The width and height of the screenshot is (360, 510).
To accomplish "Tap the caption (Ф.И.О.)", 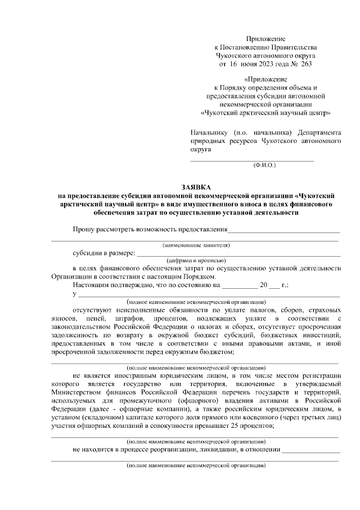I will click(264, 165).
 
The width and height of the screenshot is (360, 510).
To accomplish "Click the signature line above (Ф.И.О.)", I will click(251, 160).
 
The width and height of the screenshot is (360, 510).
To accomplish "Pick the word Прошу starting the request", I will click(83, 230).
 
